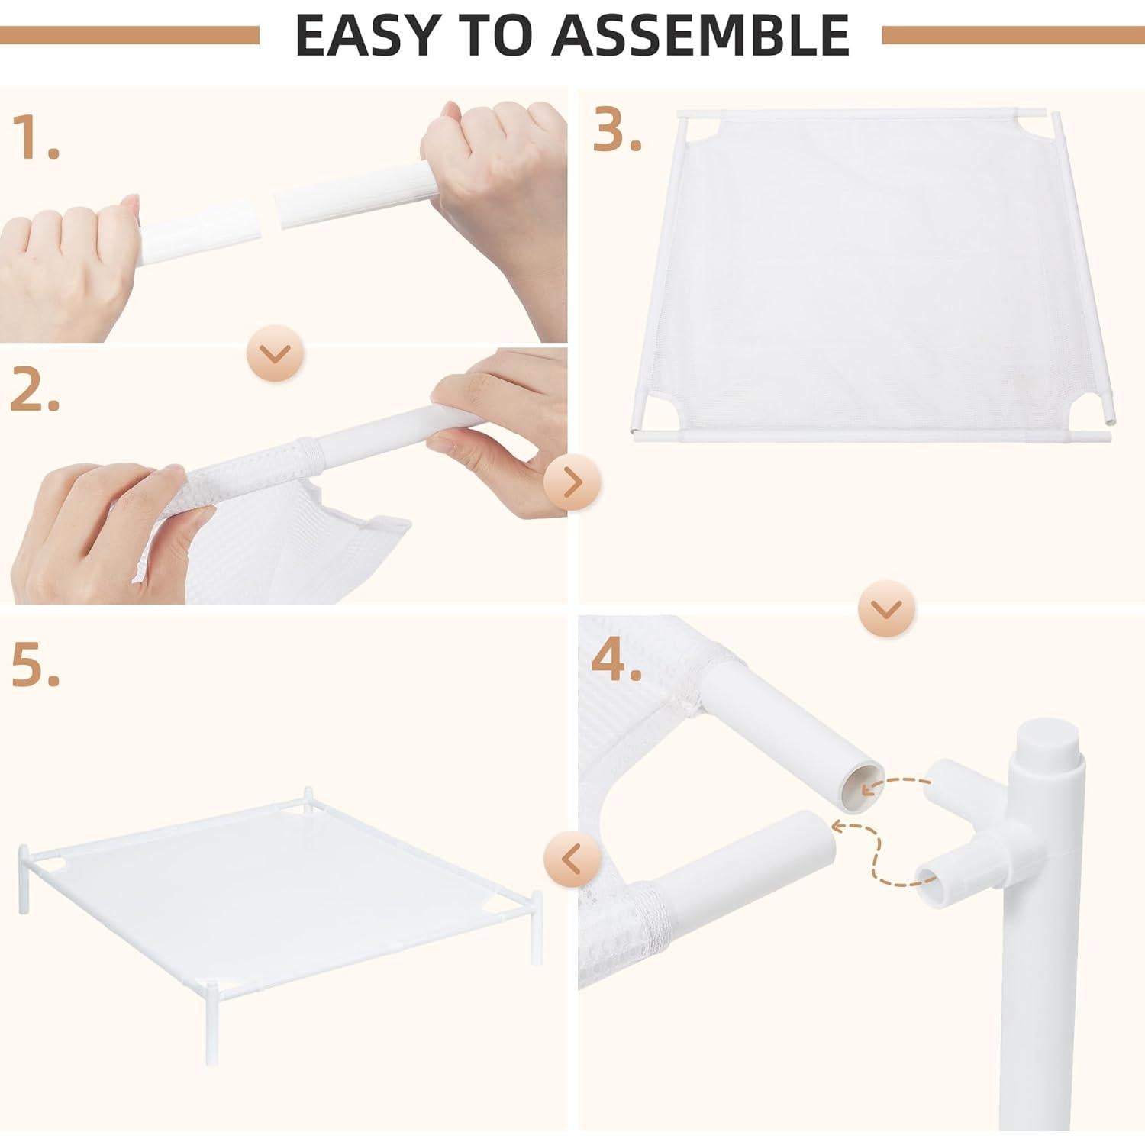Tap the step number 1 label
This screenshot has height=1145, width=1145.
[x=35, y=138]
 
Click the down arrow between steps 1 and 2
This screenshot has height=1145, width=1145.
[x=276, y=353]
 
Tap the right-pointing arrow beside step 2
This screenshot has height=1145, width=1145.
[x=572, y=482]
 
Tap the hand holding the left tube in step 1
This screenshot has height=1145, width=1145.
[x=76, y=260]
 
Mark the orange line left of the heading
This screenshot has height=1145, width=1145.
[x=130, y=35]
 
